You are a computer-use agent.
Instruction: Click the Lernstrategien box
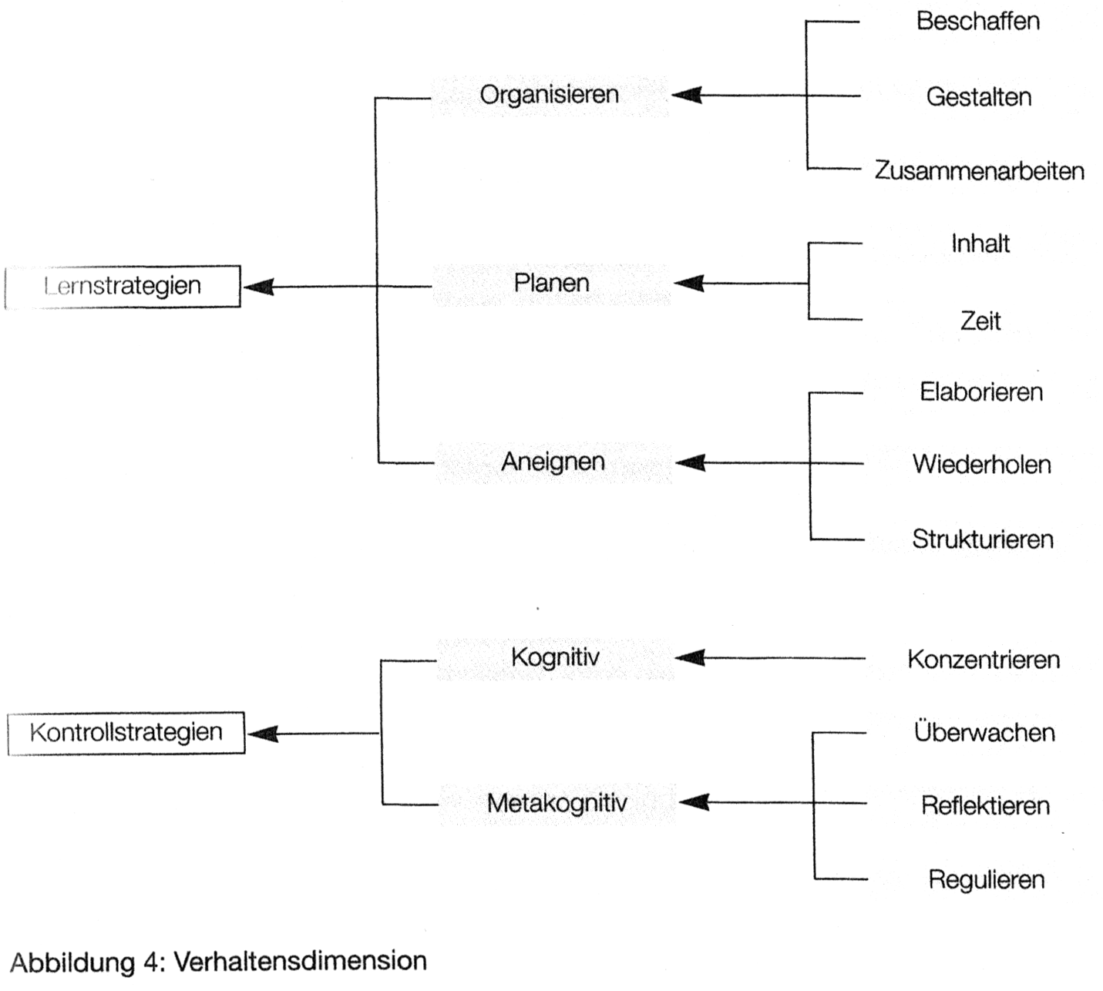(123, 287)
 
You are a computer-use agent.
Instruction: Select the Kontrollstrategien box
(126, 733)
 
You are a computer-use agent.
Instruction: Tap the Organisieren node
(549, 95)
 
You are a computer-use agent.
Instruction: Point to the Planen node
(551, 284)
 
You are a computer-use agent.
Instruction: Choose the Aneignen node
(553, 462)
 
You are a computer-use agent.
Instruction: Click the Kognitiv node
(555, 658)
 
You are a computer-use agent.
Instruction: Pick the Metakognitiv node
(557, 804)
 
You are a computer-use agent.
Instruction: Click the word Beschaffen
(977, 22)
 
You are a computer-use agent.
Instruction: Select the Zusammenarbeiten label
(979, 171)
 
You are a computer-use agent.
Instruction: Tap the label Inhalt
(980, 244)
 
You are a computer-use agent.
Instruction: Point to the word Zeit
(980, 321)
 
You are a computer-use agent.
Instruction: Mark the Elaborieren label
(980, 392)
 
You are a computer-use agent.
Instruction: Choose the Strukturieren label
(982, 539)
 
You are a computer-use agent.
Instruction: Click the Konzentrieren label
(983, 660)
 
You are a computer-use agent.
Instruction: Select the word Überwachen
(984, 732)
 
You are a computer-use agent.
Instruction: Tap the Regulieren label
(986, 880)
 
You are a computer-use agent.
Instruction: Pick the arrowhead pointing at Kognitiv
(689, 658)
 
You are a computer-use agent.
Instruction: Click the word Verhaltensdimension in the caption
(300, 962)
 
